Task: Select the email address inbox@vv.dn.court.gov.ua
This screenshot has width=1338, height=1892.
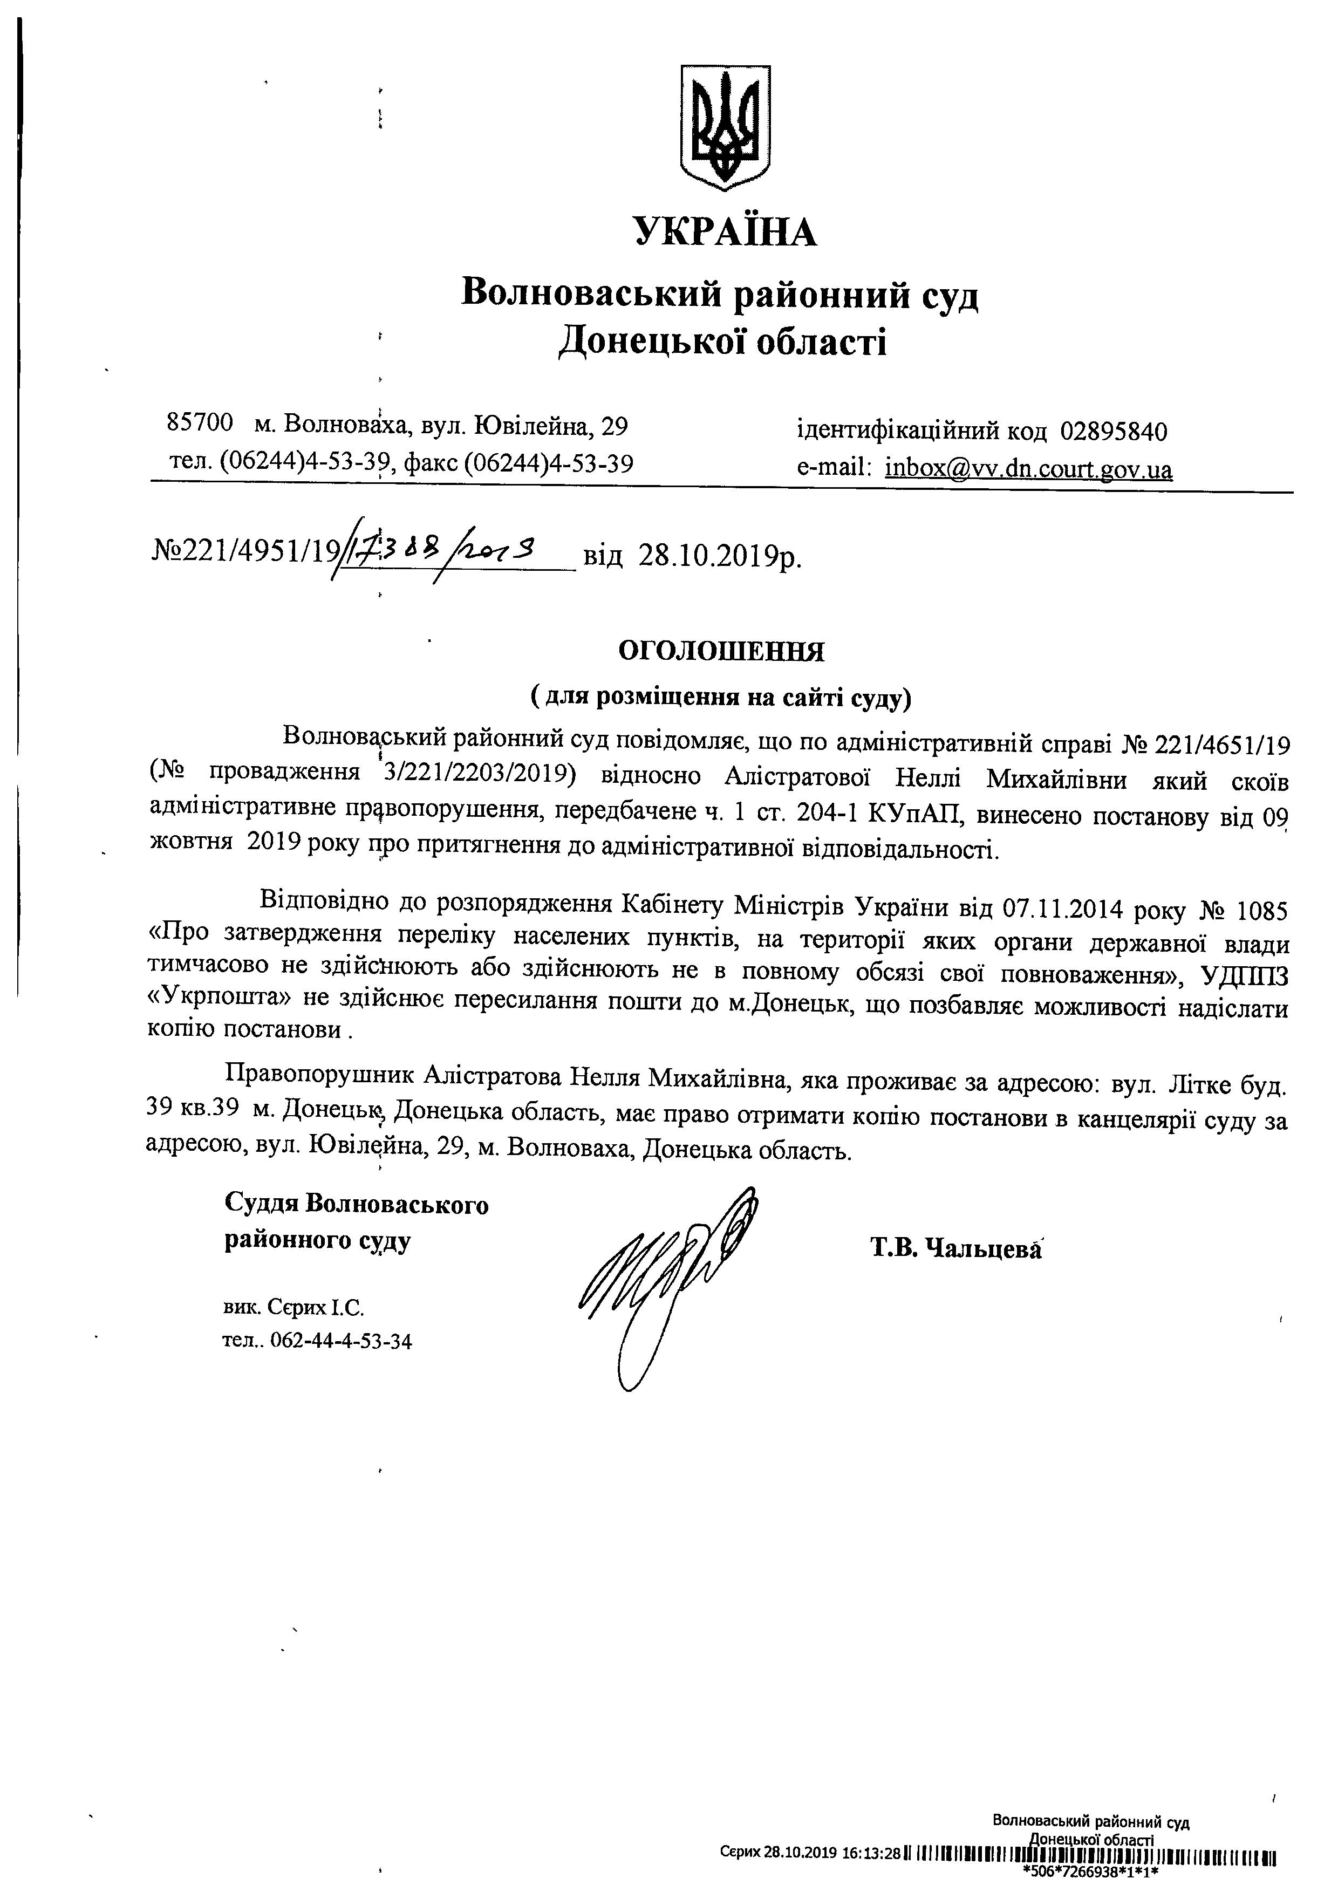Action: point(1028,470)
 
